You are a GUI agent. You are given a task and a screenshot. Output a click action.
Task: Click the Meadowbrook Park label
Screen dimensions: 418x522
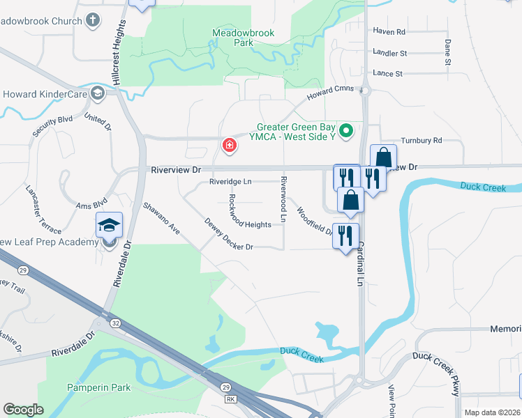coord(244,38)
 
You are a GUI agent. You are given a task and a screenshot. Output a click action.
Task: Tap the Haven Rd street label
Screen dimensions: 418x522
coord(389,31)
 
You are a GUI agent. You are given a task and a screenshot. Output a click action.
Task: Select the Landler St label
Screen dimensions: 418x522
coord(389,53)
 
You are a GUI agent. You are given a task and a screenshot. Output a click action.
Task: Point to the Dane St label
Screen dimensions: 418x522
coord(447,53)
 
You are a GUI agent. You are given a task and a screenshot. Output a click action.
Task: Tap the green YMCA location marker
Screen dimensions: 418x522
coord(345,130)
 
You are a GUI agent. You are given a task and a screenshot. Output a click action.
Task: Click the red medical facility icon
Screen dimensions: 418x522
coord(228,146)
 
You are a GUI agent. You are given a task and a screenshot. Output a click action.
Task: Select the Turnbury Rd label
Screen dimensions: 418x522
coord(422,140)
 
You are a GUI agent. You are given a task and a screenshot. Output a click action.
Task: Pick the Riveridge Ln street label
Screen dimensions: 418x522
coord(230,182)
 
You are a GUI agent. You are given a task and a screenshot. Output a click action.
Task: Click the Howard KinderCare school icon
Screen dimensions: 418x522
coord(96,93)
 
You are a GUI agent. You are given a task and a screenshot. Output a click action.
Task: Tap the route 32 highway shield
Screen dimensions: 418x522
coord(114,323)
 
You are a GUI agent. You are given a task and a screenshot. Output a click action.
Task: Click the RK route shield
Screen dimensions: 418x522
coord(230,399)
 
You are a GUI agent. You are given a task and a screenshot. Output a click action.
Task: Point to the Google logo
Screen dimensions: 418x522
coord(23,410)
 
